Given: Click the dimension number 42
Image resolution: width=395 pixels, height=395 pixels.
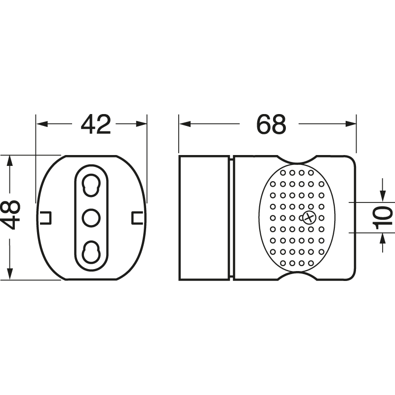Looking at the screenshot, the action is [96, 124].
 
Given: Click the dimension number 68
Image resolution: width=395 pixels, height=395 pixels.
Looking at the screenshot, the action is [271, 124].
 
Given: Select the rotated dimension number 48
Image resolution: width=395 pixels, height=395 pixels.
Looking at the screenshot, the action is [10, 215].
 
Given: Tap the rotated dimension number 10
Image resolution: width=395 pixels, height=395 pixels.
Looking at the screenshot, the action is [384, 218].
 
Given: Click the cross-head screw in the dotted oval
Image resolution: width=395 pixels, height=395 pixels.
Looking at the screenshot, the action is [309, 218].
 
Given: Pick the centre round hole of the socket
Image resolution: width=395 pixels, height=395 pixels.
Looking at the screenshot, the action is [91, 218].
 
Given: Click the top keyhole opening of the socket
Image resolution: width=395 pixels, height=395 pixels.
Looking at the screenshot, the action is [91, 185].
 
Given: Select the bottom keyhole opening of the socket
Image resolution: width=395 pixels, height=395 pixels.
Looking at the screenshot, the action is [91, 252].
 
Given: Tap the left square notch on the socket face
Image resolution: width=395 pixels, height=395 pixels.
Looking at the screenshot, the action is [45, 217].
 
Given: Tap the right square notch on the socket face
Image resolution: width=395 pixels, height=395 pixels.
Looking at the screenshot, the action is [137, 217].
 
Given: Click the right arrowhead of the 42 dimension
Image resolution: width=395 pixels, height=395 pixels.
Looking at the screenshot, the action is [141, 124].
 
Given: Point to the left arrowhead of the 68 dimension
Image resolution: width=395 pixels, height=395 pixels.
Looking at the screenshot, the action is [185, 124].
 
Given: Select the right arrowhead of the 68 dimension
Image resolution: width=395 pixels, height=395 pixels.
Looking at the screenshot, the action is [351, 124].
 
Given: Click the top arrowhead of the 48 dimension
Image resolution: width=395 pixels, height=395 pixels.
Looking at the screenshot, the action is [9, 161].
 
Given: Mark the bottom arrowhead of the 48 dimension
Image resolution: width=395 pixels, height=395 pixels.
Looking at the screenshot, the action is [9, 274].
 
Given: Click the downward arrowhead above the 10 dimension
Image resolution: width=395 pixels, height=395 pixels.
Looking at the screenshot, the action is [383, 196].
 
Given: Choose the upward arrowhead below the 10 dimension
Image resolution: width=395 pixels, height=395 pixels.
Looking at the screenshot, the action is [383, 239].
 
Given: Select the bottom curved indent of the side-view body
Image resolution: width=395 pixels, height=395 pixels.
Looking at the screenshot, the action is [297, 276].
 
